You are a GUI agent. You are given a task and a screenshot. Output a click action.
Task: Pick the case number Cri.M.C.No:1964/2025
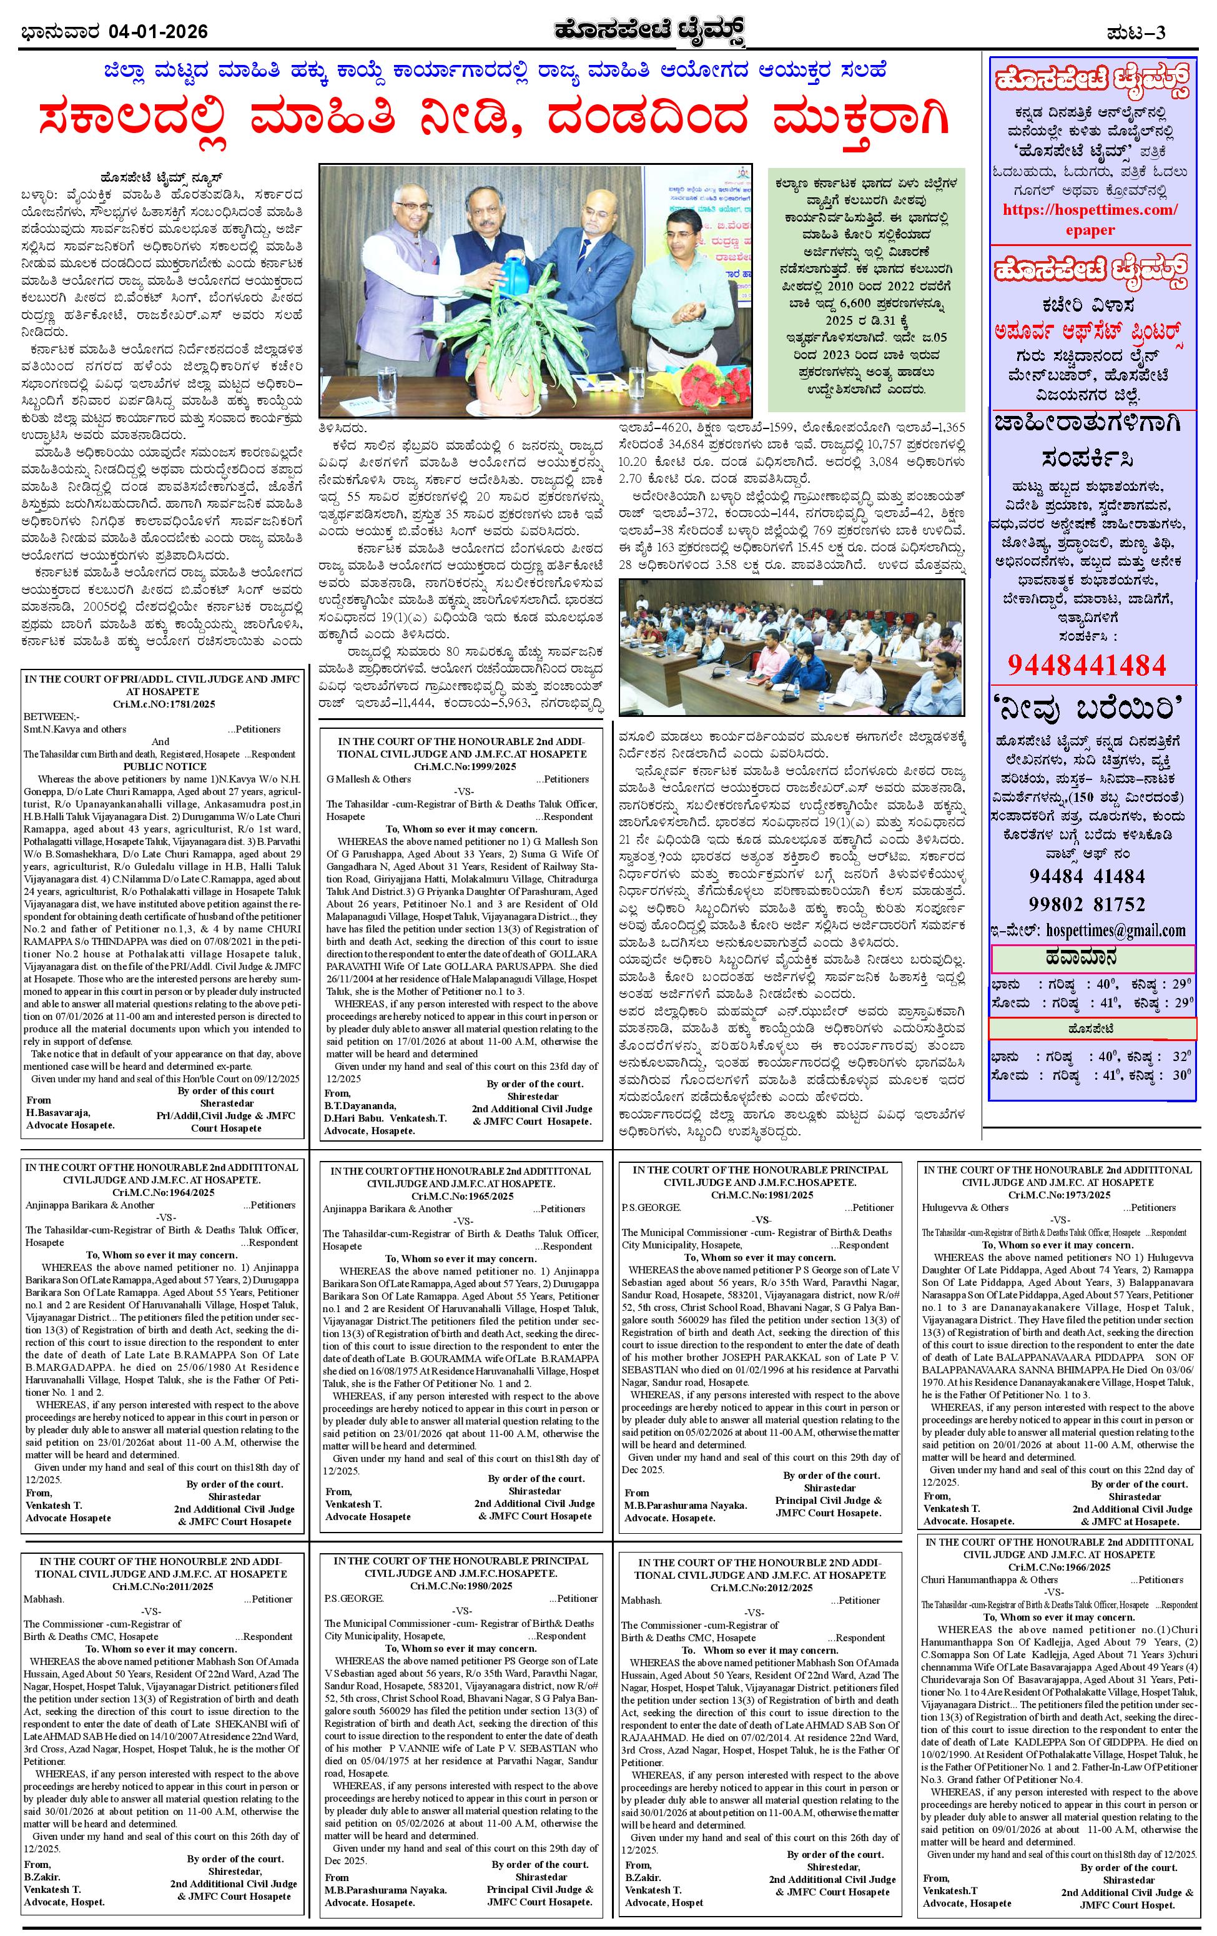pos(162,1192)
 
